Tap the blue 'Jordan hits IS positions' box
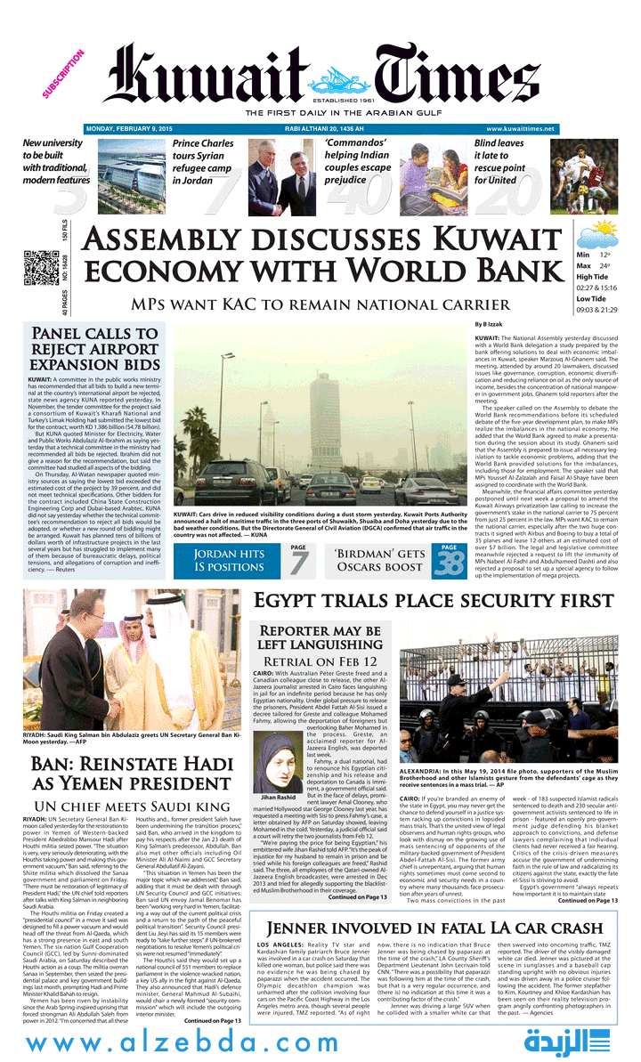(x=228, y=560)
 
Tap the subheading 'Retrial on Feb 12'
(x=320, y=662)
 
